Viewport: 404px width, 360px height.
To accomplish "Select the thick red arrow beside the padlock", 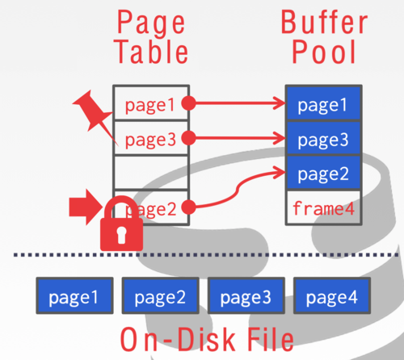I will point(84,208).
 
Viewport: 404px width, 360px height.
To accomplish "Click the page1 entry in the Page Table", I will point(151,103).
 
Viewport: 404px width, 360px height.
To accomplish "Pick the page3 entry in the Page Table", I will point(151,138).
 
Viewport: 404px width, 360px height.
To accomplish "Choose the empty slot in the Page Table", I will point(151,173).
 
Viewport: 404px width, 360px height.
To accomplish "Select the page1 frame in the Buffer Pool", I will point(322,103).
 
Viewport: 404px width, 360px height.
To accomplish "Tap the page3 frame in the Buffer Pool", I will point(322,138).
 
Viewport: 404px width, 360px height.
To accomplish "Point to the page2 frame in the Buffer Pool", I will point(322,173).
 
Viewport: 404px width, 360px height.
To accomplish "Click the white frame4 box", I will point(322,207).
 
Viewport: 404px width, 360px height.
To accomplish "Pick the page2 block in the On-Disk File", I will point(159,296).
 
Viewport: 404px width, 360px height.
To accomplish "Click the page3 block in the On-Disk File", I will point(245,296).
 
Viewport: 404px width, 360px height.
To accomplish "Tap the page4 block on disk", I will point(330,296).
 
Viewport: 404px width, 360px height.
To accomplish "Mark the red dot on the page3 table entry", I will point(188,138).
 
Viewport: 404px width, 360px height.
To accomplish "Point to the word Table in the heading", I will point(151,52).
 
